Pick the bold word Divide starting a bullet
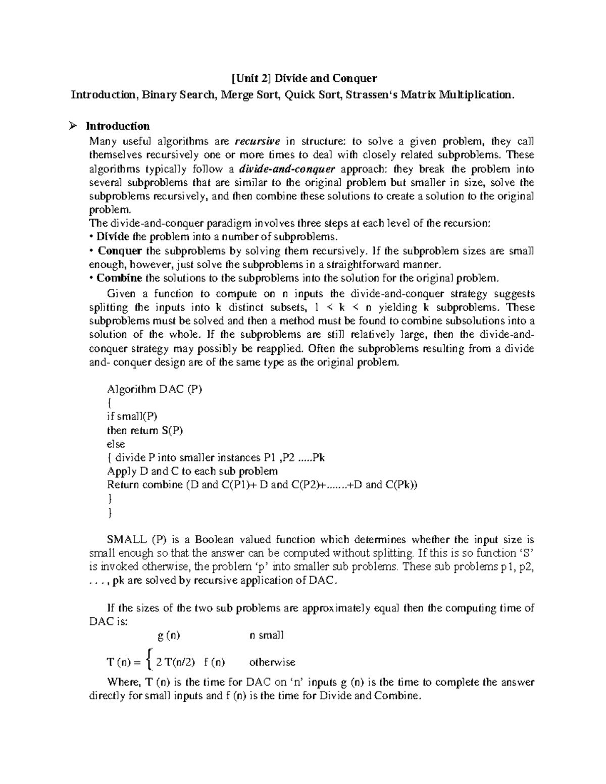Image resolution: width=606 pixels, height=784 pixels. [113, 236]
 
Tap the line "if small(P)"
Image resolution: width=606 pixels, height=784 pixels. [132, 416]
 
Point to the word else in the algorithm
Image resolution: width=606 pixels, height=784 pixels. [116, 444]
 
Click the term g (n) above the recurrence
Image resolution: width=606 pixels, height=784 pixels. [169, 635]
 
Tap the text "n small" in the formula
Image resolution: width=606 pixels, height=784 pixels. [267, 635]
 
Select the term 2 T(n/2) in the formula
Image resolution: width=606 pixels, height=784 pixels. [176, 662]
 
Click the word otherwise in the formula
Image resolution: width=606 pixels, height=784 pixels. [272, 662]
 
